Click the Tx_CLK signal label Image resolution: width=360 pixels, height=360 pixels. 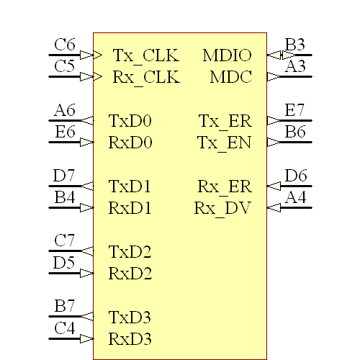146,55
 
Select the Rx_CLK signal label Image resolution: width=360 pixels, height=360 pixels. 146,77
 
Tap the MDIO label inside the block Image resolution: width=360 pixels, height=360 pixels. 227,55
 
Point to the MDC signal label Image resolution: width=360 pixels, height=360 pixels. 230,77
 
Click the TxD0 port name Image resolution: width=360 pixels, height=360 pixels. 130,121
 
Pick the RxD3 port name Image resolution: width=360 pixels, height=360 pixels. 130,338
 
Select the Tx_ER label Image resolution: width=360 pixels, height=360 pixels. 225,121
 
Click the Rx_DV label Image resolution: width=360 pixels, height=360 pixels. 222,209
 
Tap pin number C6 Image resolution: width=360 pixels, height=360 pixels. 65,45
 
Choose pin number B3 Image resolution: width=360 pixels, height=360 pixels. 295,45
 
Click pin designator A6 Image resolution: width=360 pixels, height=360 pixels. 65,110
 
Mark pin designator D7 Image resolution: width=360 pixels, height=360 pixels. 65,176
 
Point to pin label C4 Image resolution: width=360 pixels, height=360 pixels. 65,328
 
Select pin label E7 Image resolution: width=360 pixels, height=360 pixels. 295,110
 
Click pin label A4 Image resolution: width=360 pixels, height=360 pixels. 295,197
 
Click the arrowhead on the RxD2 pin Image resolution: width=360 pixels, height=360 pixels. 86,274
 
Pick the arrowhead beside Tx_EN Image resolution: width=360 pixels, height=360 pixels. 274,142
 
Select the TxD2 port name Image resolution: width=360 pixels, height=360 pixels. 130,252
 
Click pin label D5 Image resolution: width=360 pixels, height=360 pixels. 65,263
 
